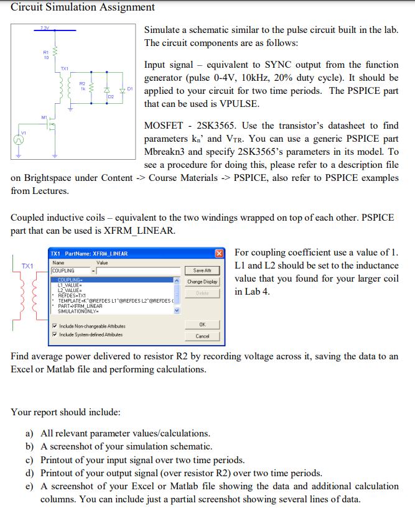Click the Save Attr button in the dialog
(202, 270)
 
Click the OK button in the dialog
(202, 325)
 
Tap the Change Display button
(202, 282)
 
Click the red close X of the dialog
(219, 254)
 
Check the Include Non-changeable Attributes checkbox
(55, 326)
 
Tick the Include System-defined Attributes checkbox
(55, 334)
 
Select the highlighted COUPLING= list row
(112, 280)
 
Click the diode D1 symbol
(123, 89)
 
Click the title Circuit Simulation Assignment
(83, 7)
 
